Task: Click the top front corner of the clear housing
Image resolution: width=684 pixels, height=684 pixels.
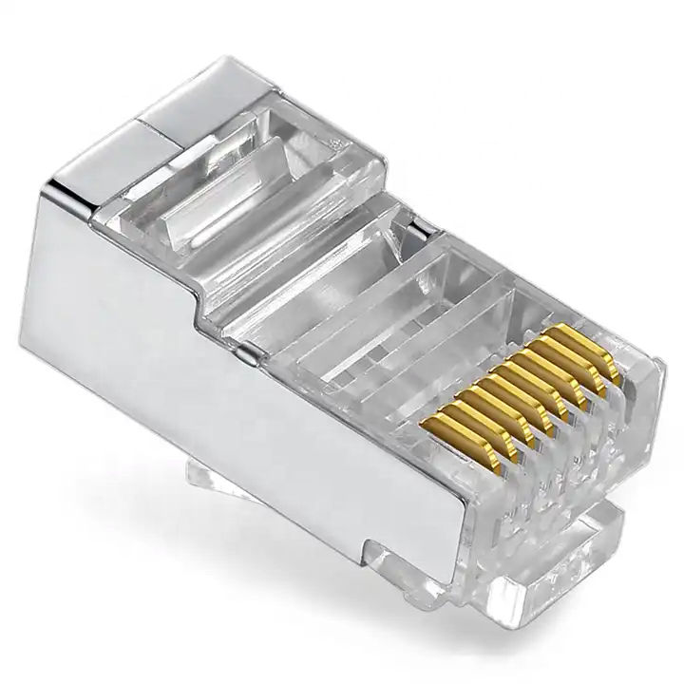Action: pyautogui.click(x=655, y=360)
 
